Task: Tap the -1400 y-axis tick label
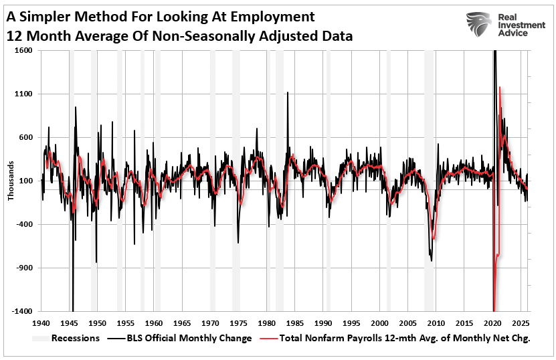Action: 23,311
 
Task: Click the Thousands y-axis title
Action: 10,181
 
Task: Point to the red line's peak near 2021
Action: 500,88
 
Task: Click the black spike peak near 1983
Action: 288,92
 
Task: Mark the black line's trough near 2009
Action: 432,260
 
